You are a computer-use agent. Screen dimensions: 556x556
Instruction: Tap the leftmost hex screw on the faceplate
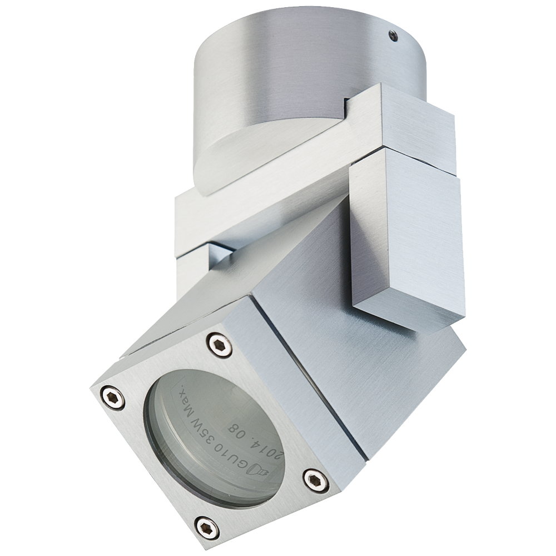(113, 398)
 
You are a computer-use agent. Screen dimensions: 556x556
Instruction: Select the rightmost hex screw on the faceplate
(314, 478)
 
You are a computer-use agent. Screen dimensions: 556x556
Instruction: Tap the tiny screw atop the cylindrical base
(394, 36)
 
